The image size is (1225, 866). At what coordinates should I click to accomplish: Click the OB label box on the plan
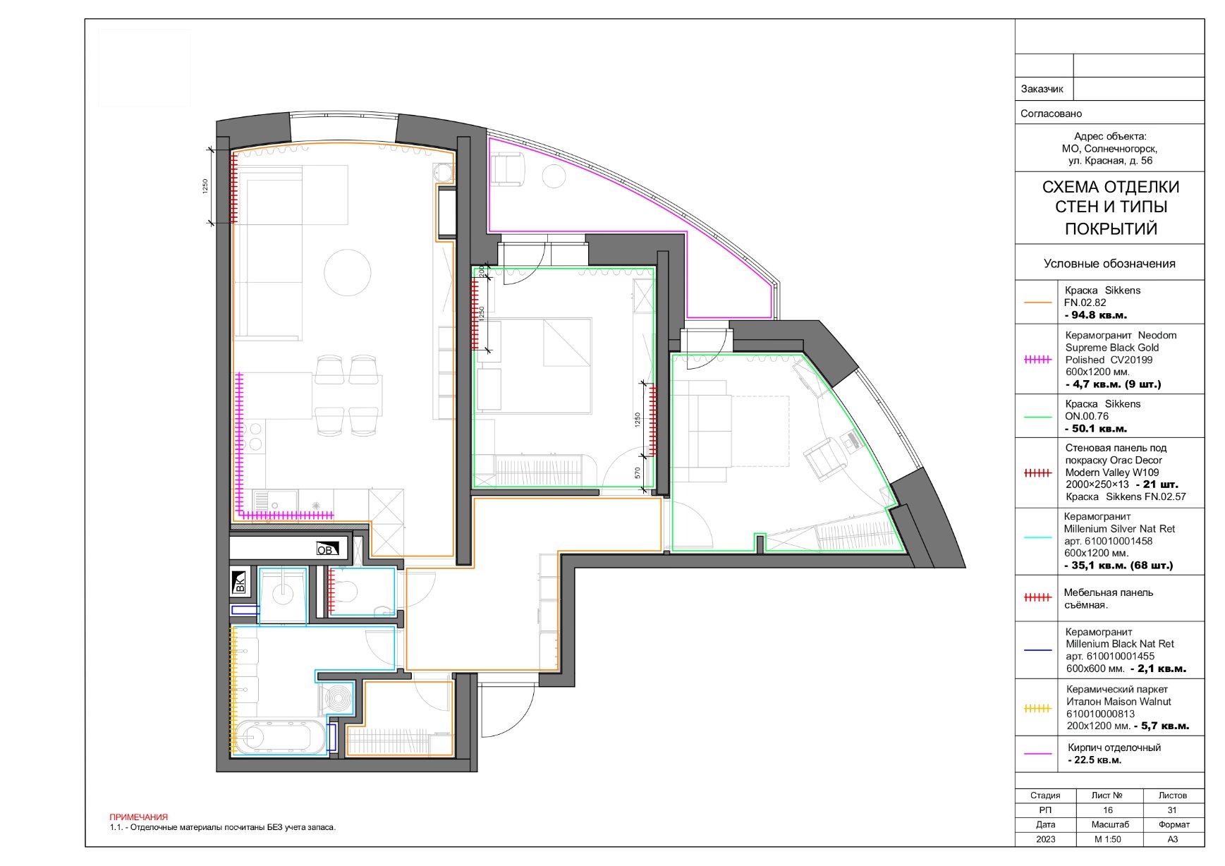[x=327, y=548]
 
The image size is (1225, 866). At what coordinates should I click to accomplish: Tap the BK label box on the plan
[x=240, y=581]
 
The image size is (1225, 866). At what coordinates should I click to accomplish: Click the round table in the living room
[x=347, y=272]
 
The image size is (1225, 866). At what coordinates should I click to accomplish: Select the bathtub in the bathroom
[x=273, y=738]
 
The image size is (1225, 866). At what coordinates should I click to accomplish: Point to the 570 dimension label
[x=638, y=473]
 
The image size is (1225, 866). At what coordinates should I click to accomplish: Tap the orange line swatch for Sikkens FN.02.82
[x=1037, y=303]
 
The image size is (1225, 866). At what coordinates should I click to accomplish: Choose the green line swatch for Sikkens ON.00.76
[x=1037, y=417]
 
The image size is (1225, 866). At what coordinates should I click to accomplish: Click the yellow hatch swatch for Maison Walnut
[x=1037, y=709]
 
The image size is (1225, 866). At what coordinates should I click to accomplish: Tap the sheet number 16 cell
[x=1108, y=810]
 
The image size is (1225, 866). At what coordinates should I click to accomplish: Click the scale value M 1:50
[x=1108, y=839]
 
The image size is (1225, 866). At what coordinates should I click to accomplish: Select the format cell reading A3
[x=1173, y=839]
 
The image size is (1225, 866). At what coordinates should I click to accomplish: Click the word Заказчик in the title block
[x=1042, y=89]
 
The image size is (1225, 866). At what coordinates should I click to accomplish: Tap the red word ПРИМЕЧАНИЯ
[x=139, y=817]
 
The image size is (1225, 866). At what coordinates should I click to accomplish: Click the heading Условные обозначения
[x=1109, y=263]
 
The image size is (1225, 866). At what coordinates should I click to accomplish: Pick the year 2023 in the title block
[x=1046, y=839]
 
